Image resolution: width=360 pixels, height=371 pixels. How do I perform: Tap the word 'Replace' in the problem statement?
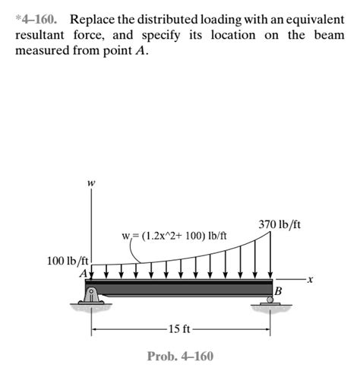coord(96,17)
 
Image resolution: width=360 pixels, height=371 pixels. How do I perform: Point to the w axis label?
coord(91,182)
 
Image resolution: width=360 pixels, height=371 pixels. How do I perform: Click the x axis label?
coord(311,282)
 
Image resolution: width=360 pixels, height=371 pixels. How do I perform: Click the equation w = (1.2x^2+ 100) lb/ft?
coord(174,236)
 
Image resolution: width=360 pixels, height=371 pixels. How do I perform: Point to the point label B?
coord(278,291)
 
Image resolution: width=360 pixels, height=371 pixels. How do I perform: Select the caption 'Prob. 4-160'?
coord(180,356)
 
